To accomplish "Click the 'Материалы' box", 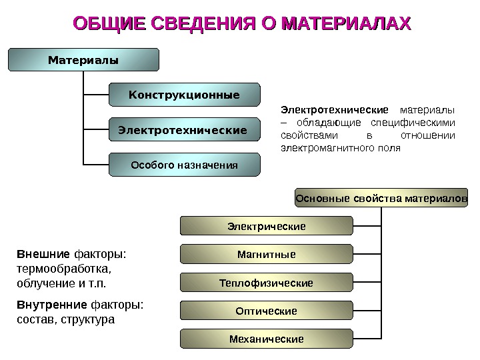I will click(x=83, y=60).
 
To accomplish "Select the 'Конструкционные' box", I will click(x=184, y=95).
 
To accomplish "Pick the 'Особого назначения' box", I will click(x=184, y=164).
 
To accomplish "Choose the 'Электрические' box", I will click(x=266, y=227).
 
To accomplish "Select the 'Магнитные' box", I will click(x=266, y=255).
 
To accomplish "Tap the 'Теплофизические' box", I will click(x=266, y=283).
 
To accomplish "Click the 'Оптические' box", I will click(x=266, y=311).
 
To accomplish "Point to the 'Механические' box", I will click(x=266, y=339).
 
